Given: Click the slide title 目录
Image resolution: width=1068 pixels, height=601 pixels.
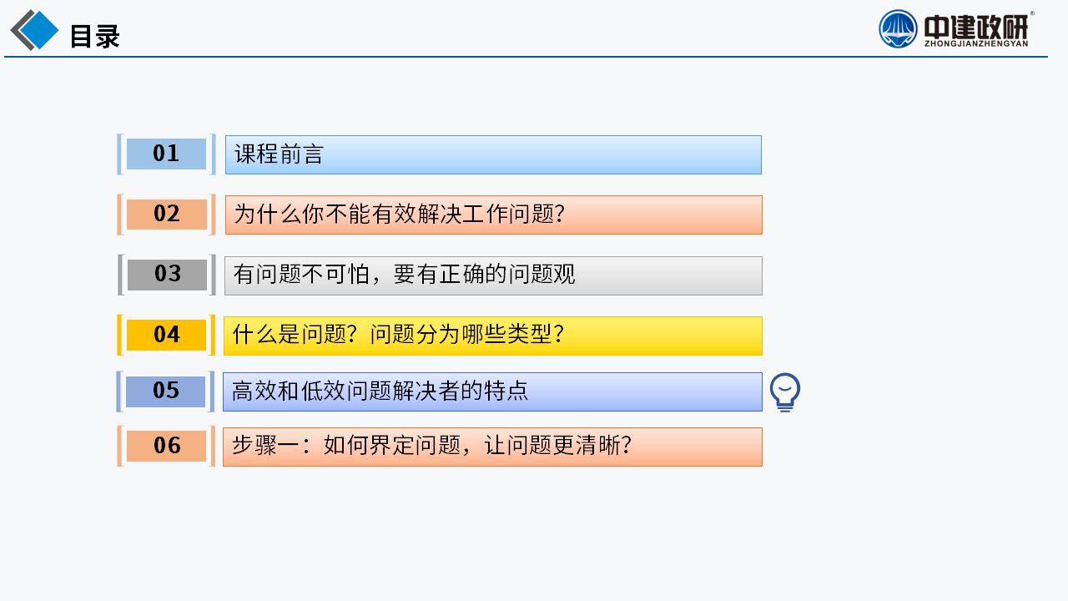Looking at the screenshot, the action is [94, 36].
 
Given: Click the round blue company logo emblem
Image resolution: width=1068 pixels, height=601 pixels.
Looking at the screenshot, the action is [898, 29].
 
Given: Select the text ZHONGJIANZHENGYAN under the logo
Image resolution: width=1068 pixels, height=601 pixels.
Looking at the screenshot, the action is [976, 44].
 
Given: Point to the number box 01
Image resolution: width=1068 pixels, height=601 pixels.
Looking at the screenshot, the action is [166, 154].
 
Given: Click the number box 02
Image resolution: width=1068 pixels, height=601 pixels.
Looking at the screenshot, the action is [166, 214].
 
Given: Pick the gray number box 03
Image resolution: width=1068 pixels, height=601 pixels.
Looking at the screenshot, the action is [167, 275].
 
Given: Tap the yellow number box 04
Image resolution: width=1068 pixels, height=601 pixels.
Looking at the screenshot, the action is [166, 335].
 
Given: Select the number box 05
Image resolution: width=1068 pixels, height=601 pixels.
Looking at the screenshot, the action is [165, 391].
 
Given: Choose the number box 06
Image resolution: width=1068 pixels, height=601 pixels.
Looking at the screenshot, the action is [166, 446].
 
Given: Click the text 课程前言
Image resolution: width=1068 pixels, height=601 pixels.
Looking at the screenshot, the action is [279, 154].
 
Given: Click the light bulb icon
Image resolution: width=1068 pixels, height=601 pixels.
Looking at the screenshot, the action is [785, 392].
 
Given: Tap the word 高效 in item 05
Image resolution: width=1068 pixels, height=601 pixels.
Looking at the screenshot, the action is [254, 391].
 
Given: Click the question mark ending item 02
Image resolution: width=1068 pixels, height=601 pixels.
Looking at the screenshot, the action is [560, 214].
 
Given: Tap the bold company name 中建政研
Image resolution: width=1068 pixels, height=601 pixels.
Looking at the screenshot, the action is [976, 27].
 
